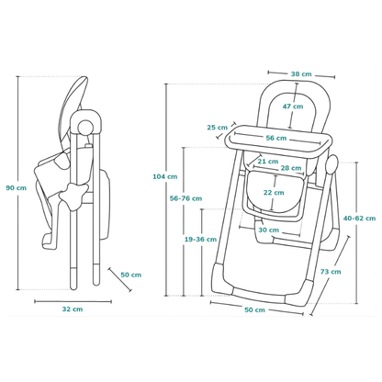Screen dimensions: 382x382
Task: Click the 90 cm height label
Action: point(17,188)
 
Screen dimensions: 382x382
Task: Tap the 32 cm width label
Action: point(73,309)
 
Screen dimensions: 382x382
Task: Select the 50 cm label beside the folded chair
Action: point(131,275)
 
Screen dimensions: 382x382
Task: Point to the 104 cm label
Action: point(165,176)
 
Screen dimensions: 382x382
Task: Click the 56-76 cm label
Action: point(185,198)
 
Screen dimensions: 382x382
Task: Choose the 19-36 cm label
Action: point(200,240)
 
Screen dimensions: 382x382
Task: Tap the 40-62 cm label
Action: point(359,219)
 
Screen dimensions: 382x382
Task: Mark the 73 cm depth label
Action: point(331,272)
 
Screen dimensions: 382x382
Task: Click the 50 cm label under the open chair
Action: point(254,309)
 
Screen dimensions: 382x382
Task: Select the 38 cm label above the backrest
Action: point(301,74)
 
